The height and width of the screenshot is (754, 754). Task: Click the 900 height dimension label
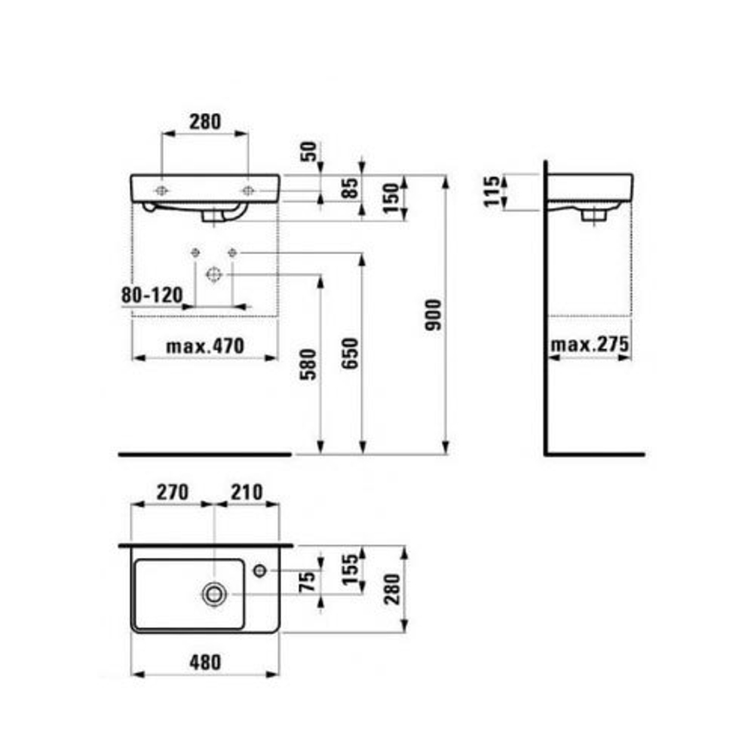tap(432, 315)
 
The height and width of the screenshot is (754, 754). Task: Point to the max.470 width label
tap(205, 346)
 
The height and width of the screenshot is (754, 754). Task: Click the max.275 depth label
tap(589, 345)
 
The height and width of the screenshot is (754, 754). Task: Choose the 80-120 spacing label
tap(152, 294)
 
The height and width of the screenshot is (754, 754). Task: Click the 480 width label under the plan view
tap(205, 662)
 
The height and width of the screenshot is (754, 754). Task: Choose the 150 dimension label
tap(391, 198)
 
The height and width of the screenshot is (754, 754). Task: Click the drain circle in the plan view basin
tap(214, 594)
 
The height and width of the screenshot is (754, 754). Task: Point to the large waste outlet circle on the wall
tap(214, 274)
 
